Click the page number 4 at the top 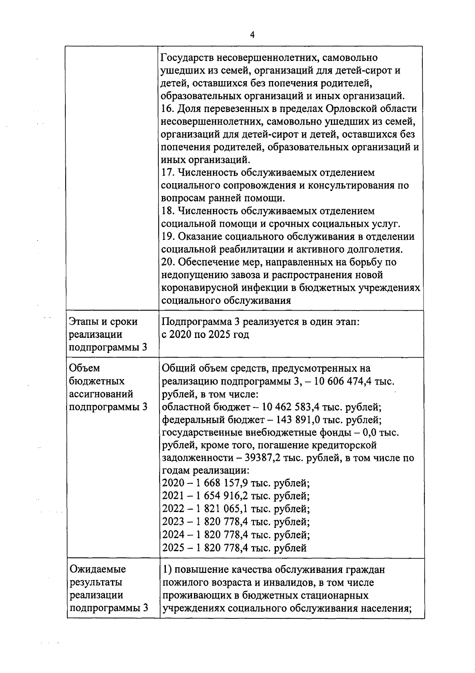pos(252,35)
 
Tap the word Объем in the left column pos(84,368)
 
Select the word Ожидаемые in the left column pos(98,569)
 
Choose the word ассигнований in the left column pos(101,394)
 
